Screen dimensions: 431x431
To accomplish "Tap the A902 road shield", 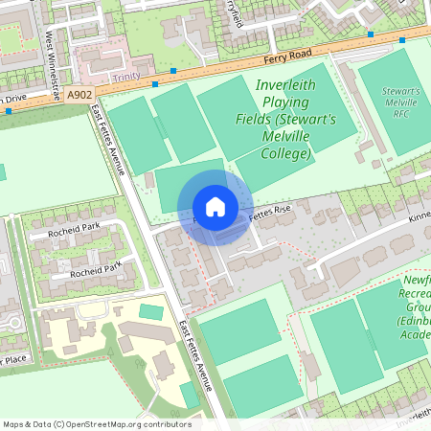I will [80, 94].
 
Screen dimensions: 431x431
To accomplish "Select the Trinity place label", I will [125, 75].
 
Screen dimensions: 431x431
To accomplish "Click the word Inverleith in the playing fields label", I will [285, 85].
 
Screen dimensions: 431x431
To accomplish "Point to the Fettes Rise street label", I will [270, 210].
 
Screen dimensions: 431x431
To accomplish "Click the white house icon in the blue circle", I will [215, 207].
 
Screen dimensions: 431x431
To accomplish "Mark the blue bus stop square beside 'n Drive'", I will [10, 111].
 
